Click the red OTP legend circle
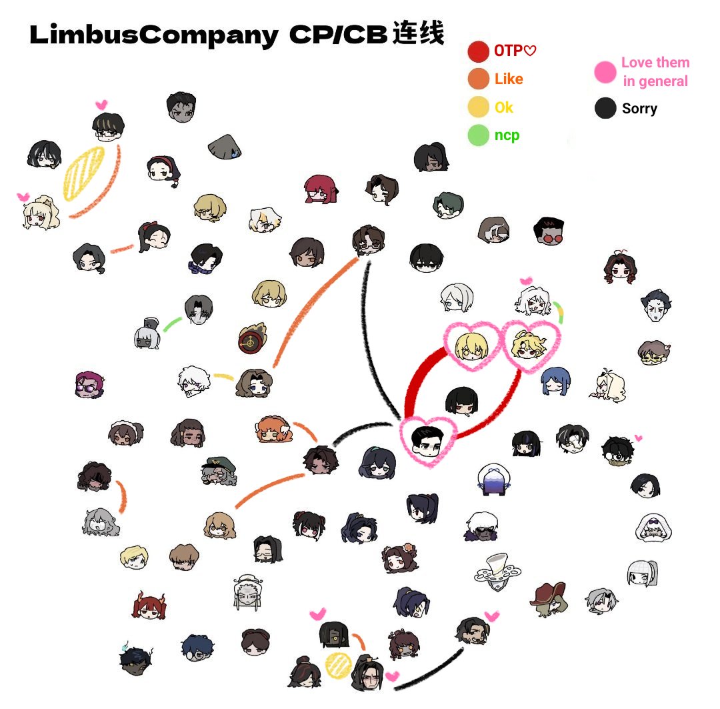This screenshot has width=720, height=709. click(478, 51)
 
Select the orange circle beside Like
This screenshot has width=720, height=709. click(478, 79)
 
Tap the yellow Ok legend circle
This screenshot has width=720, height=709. click(478, 107)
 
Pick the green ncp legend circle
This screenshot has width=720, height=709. click(478, 135)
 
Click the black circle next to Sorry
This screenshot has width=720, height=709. click(605, 108)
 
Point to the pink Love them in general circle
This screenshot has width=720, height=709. click(605, 71)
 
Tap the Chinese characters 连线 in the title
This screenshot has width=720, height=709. click(418, 33)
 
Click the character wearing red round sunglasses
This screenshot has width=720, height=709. click(549, 231)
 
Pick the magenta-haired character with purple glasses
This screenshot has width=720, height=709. click(89, 385)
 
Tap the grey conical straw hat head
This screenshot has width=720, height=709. click(225, 147)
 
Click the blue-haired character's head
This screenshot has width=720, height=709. click(555, 381)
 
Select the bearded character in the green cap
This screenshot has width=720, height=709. click(219, 472)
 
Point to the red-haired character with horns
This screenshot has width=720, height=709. click(149, 605)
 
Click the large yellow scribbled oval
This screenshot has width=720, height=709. click(83, 173)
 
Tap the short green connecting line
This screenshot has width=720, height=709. click(172, 324)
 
